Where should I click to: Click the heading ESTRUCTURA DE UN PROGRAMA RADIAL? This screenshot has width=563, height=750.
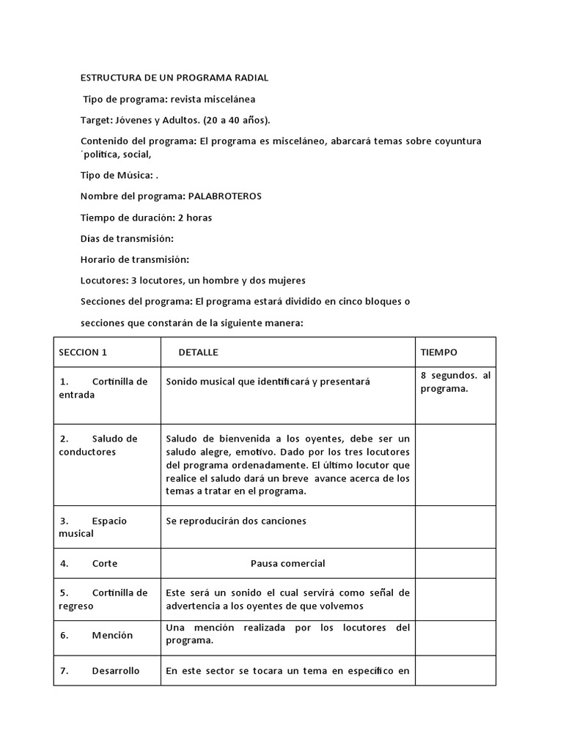pyautogui.click(x=174, y=78)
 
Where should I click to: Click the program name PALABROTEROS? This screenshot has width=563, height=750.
pyautogui.click(x=225, y=196)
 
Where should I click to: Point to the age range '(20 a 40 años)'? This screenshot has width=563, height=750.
pyautogui.click(x=238, y=119)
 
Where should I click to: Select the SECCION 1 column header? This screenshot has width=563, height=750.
pyautogui.click(x=83, y=352)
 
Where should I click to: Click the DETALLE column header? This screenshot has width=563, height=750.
pyautogui.click(x=198, y=352)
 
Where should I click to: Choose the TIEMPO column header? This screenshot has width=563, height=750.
pyautogui.click(x=438, y=352)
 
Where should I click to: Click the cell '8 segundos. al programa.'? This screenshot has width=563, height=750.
pyautogui.click(x=455, y=382)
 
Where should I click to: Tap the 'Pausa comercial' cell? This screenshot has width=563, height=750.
pyautogui.click(x=287, y=563)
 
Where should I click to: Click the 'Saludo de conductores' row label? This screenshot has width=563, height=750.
pyautogui.click(x=98, y=445)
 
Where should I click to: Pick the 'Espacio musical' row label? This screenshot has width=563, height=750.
pyautogui.click(x=92, y=527)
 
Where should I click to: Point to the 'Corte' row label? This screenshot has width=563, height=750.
pyautogui.click(x=104, y=564)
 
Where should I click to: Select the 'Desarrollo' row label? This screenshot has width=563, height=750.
pyautogui.click(x=115, y=670)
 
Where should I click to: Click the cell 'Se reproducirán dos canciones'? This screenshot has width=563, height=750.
pyautogui.click(x=236, y=521)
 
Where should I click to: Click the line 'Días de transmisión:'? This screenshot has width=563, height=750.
pyautogui.click(x=126, y=239)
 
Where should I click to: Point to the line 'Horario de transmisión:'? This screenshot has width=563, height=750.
pyautogui.click(x=134, y=259)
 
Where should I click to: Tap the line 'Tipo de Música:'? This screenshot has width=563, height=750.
pyautogui.click(x=117, y=175)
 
